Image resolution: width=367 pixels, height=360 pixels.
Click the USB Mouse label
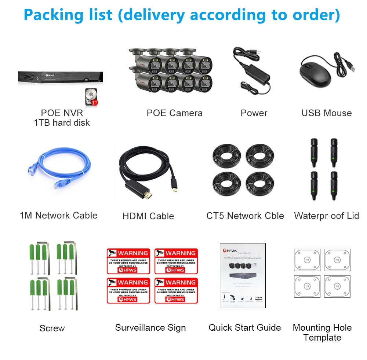tap(326, 113)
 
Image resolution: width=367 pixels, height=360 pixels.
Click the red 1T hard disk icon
tap(91, 97)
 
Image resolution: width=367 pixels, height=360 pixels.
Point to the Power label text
tap(254, 113)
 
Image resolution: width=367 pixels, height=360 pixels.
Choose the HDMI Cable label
tap(148, 216)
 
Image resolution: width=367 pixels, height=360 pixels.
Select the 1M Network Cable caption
tap(59, 216)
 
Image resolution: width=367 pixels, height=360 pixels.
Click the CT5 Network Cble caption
tap(245, 216)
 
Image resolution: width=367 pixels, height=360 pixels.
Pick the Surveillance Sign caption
tap(150, 328)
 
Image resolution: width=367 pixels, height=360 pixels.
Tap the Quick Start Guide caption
tap(245, 328)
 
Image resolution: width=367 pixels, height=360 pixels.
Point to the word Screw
tap(52, 328)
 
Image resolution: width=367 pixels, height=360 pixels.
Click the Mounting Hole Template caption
tap(322, 333)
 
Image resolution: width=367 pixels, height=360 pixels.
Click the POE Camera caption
tap(174, 113)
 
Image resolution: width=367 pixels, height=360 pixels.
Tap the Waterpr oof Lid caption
tap(326, 216)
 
